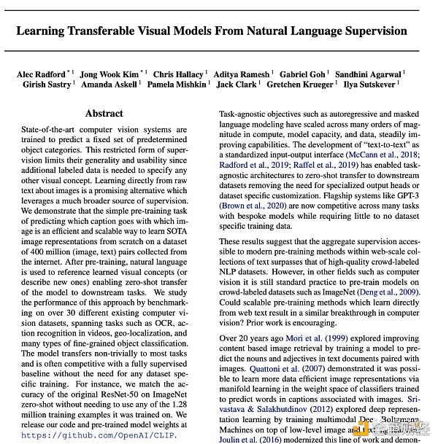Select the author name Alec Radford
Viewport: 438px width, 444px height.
[x=41, y=74]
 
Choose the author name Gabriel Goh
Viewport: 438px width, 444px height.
[x=303, y=74]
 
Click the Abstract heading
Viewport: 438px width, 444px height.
[x=104, y=114]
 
